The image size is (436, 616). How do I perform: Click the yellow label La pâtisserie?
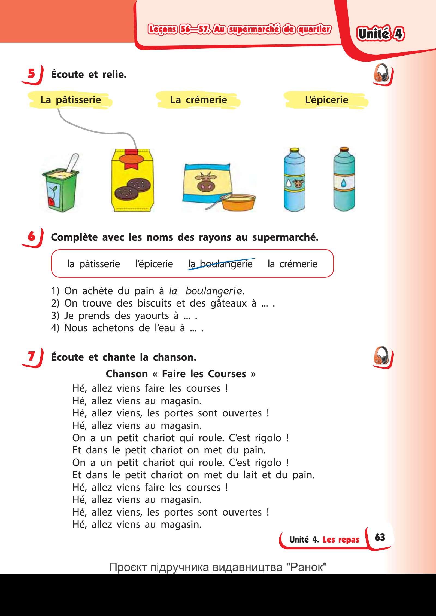[71, 100]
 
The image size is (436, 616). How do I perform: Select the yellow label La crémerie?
[198, 100]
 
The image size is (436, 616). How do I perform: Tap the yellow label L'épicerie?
[326, 100]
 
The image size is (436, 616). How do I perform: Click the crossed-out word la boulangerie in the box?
[220, 264]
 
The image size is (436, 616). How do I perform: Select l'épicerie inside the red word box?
[154, 264]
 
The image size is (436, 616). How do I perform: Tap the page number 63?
[380, 537]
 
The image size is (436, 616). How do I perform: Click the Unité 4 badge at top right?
[380, 34]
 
